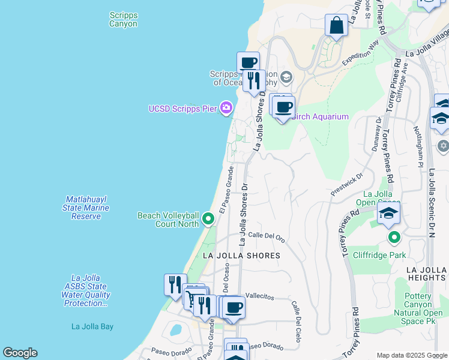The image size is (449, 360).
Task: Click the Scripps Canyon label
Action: point(123,20)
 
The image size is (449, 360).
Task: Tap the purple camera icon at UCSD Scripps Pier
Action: point(226,108)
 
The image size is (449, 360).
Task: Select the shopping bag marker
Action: point(336,26)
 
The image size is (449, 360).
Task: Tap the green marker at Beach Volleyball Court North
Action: point(208,219)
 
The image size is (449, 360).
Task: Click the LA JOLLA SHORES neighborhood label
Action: point(241,256)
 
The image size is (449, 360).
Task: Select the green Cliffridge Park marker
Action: point(394,236)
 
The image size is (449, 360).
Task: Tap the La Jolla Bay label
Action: point(92,326)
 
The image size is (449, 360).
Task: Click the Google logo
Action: point(20,353)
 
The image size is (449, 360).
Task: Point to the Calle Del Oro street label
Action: point(266,236)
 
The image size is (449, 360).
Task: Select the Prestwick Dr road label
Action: point(347,185)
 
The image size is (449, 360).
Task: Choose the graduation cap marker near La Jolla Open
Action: point(388,212)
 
